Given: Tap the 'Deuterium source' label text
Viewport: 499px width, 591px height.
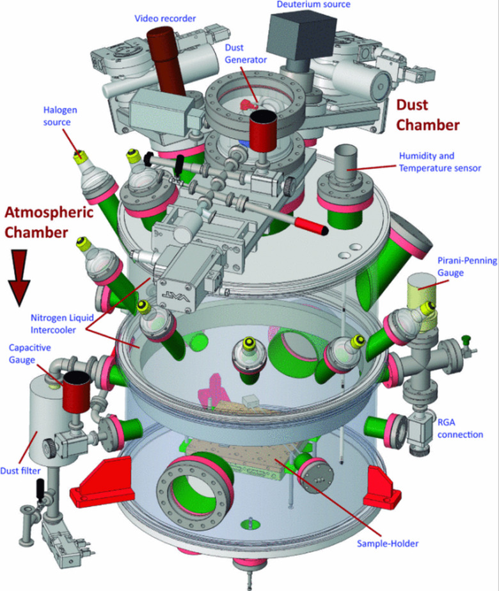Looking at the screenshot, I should tap(313, 5).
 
